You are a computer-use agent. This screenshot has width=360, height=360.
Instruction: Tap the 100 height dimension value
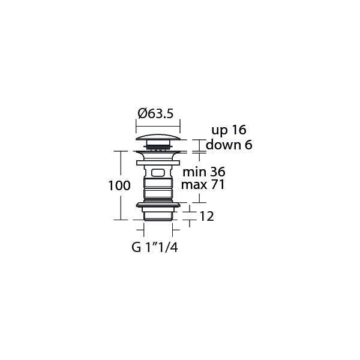point(119,186)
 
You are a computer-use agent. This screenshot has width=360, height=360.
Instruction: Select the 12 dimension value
point(206,217)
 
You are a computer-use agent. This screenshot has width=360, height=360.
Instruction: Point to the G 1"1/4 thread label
point(154,247)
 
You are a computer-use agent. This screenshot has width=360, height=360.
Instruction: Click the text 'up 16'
point(229,130)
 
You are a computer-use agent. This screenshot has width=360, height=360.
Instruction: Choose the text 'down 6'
point(229,145)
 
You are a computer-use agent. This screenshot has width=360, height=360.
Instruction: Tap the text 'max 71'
point(203,185)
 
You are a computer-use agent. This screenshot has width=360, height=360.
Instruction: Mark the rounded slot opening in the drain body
point(158,172)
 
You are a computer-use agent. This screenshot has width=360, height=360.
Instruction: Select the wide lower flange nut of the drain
point(158,205)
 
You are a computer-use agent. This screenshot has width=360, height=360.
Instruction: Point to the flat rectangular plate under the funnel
point(158,162)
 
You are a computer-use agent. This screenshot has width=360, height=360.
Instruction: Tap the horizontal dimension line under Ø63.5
point(158,124)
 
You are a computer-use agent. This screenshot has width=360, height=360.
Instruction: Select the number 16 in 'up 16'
point(239,130)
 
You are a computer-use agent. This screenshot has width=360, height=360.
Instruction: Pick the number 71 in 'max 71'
point(217,185)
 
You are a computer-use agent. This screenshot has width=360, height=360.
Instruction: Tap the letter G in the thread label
point(135,247)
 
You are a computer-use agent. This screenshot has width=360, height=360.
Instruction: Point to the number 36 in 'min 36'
point(217,172)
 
